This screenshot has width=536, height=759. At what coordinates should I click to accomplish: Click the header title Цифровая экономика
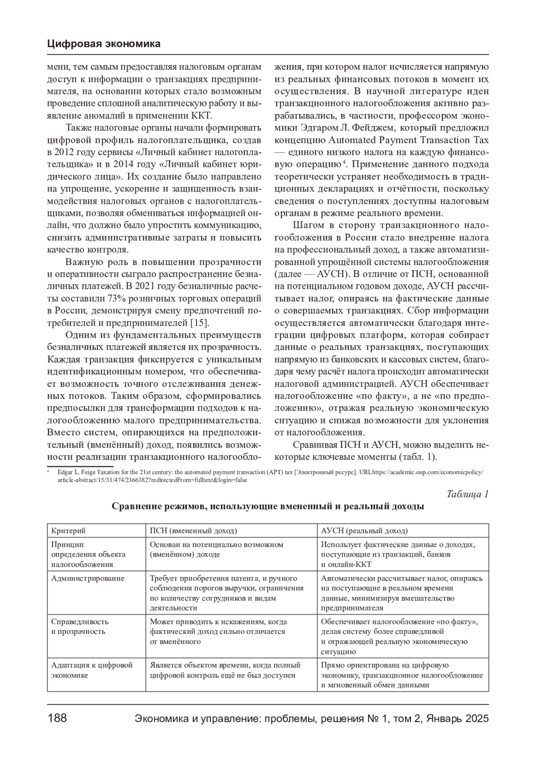click(103, 44)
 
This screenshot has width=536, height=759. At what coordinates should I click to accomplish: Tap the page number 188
click(57, 718)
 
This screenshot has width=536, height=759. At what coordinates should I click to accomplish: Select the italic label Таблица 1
click(468, 494)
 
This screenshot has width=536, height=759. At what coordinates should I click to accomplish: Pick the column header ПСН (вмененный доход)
click(193, 531)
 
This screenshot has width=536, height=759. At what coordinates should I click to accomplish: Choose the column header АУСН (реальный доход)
click(364, 531)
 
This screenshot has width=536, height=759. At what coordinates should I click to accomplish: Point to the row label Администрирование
click(88, 578)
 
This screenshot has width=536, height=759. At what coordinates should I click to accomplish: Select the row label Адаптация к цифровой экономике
click(92, 670)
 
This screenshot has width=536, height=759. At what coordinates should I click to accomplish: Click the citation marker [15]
click(200, 323)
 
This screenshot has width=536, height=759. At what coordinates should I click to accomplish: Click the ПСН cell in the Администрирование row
click(226, 593)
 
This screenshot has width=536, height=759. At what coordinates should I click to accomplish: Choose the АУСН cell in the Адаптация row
click(402, 675)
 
